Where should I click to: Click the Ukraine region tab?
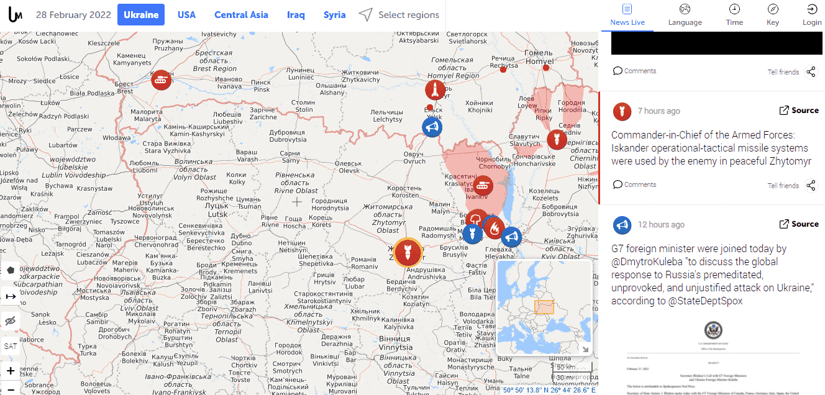point(141,15)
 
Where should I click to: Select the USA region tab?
point(186,15)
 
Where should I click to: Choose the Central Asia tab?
point(241,15)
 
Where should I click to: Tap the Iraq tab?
point(296,15)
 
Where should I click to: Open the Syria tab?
point(334,15)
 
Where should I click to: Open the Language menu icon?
point(685,9)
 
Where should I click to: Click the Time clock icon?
point(734,9)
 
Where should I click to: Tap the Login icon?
point(812,9)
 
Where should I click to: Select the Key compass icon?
point(773,9)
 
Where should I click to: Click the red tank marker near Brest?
point(162,79)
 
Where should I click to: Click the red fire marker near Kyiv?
point(494,228)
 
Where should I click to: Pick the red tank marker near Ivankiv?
point(483,184)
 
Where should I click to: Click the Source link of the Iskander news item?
point(799,111)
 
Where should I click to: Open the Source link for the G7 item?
point(799,224)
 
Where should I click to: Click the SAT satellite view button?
point(11,346)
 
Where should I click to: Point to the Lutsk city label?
point(218,214)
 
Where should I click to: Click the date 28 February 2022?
point(73,15)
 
